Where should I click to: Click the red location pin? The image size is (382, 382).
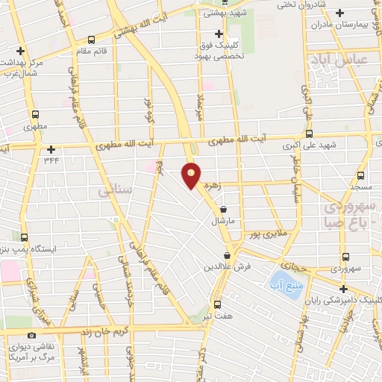tap(192, 176)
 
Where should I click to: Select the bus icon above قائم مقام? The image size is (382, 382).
tap(91, 40)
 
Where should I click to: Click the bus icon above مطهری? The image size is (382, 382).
tap(35, 115)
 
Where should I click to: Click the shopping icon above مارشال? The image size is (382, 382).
tap(225, 210)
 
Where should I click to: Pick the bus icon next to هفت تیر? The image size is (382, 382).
tap(217, 304)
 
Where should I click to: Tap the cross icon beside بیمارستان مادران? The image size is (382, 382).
tap(340, 12)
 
